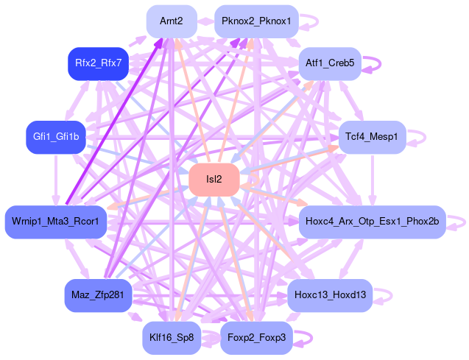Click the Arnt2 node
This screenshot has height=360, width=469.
[171, 21]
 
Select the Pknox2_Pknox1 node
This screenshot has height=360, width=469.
[256, 21]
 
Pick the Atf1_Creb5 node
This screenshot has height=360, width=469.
[330, 64]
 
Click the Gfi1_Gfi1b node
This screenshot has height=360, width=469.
[56, 137]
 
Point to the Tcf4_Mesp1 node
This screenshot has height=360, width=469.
[372, 137]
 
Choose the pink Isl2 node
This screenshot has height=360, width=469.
[214, 180]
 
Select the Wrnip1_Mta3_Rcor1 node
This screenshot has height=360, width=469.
[56, 222]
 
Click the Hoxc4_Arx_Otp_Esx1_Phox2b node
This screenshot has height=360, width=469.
[372, 222]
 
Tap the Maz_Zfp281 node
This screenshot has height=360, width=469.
[98, 295]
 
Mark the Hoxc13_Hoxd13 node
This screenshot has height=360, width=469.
[330, 295]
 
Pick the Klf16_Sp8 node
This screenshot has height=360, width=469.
[171, 338]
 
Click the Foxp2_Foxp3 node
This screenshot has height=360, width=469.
[256, 338]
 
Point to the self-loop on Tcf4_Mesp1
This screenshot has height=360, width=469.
[425, 137]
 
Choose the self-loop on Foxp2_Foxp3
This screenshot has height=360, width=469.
[312, 338]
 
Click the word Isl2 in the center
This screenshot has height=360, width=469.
[214, 180]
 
